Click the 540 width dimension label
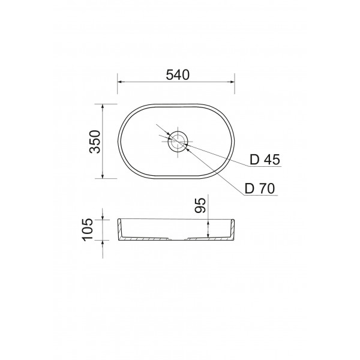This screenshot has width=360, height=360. click(178, 75)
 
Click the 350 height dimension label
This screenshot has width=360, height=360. click(95, 142)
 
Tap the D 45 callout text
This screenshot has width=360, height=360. click(265, 160)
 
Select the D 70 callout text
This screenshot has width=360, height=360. click(260, 189)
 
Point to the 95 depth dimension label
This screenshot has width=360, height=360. click(200, 205)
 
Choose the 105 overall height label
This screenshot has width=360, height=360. click(88, 230)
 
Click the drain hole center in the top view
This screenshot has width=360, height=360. click(178, 142)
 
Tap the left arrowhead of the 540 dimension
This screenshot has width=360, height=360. click(119, 82)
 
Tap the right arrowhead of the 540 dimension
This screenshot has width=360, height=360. click(232, 82)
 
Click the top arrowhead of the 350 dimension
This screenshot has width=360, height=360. click(103, 106)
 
